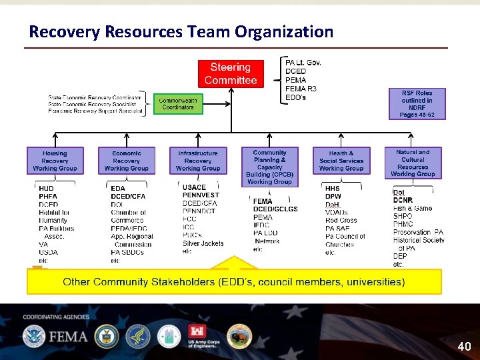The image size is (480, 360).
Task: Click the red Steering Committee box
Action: pos(231,74)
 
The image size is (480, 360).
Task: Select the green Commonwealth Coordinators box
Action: pos(178,104)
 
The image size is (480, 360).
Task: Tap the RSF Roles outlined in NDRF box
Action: pos(417,104)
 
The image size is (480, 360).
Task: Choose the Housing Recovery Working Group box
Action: pos(55,161)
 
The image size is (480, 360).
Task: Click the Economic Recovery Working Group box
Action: pos(127,161)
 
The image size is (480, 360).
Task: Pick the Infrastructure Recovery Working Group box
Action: pos(198,161)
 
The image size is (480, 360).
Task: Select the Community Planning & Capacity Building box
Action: pos(269,167)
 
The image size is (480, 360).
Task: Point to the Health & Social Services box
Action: pos(341,161)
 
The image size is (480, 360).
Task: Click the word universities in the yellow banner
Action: pos(379,282)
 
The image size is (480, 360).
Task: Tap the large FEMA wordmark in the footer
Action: pos(67,337)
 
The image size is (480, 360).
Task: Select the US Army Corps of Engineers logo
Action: pos(203,336)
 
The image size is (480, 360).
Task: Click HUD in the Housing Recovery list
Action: pos(46,189)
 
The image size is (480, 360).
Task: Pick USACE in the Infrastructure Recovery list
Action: pos(194,187)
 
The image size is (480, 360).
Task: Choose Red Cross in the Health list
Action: pos(341,221)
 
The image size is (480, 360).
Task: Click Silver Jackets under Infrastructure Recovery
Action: pos(203,243)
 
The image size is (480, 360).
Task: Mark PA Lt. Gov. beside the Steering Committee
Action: pos(303,63)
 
